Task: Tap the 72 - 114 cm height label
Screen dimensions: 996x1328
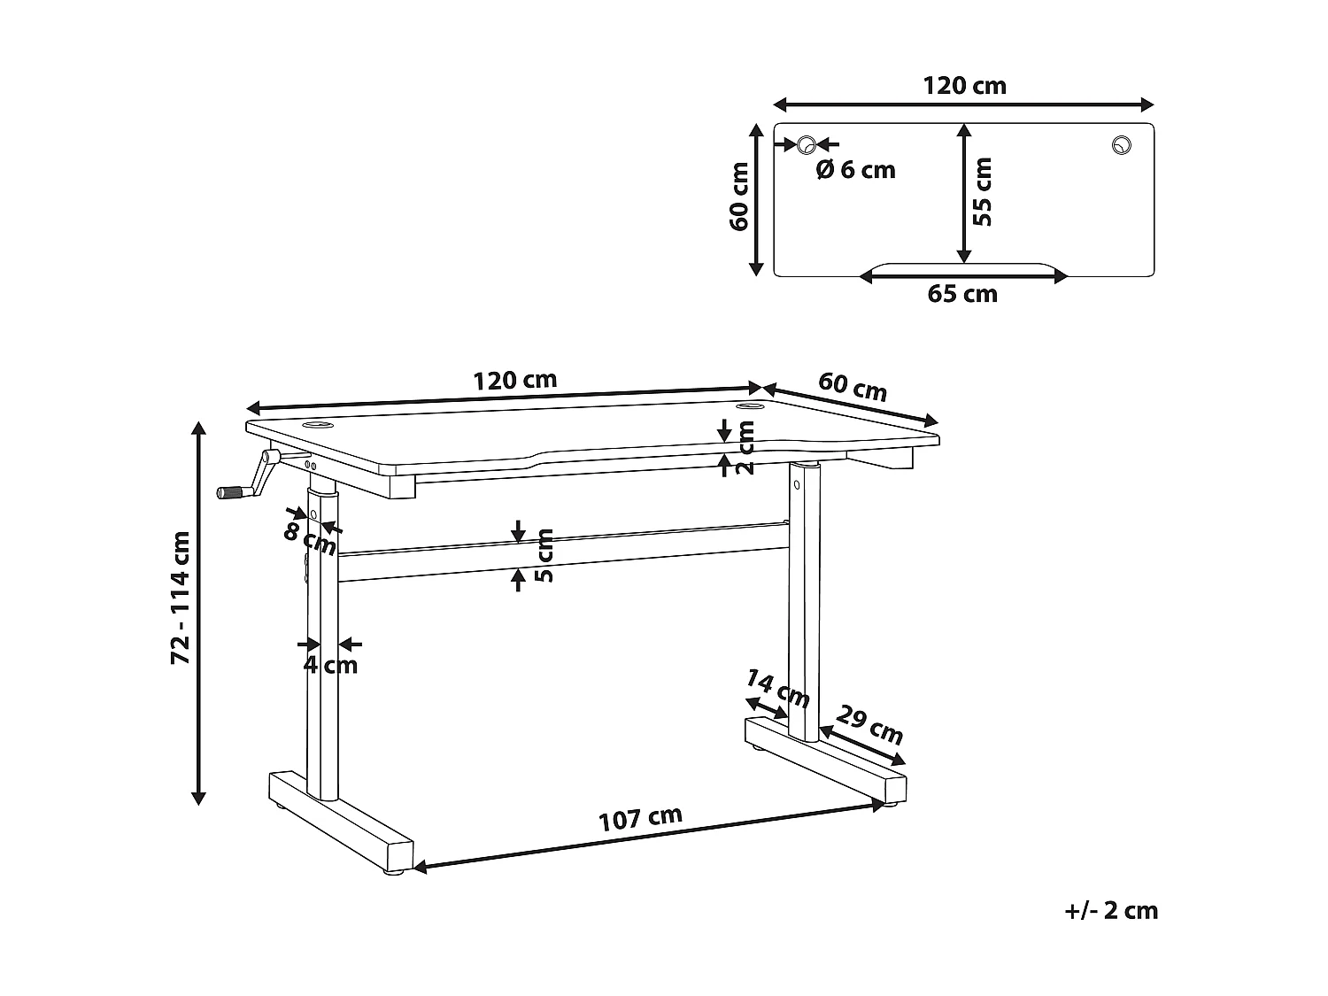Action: (181, 598)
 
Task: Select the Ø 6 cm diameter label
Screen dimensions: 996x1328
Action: (855, 170)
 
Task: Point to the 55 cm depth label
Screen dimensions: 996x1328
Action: (982, 191)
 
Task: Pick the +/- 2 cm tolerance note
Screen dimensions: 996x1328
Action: (1112, 910)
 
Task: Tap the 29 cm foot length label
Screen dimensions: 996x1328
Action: (870, 724)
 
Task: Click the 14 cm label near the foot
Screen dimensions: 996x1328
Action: (777, 689)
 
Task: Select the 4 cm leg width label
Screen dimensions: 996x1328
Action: (330, 665)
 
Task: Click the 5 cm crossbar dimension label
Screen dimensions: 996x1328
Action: (544, 555)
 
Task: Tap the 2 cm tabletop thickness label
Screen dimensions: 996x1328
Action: (745, 447)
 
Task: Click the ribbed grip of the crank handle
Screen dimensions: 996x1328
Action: (233, 492)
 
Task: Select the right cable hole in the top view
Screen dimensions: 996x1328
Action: (1122, 145)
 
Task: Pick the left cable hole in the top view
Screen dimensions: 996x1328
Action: (807, 144)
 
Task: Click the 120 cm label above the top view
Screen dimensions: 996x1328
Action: (964, 86)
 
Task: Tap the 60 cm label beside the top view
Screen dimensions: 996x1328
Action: (740, 197)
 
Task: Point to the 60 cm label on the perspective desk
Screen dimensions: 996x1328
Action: (852, 387)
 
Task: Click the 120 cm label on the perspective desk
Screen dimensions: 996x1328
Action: (515, 381)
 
